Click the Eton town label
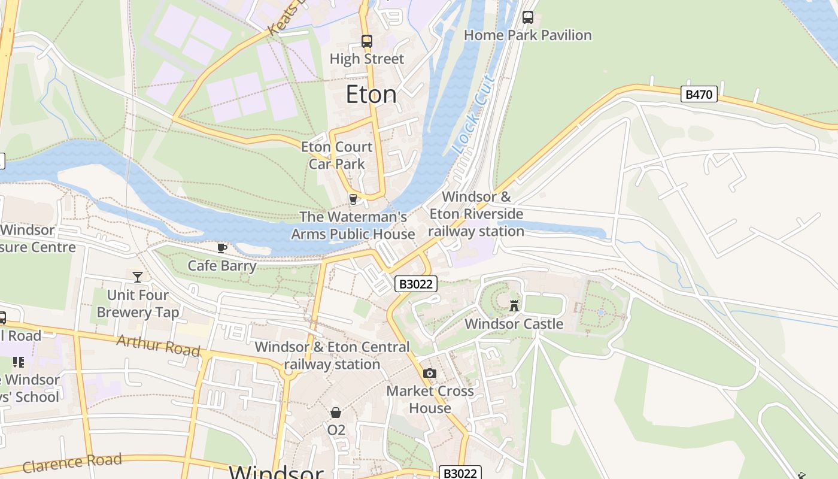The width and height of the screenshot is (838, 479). click(371, 95)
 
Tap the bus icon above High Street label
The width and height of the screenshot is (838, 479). click(367, 41)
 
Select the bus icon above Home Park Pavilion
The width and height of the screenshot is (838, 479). click(527, 17)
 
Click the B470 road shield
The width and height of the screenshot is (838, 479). click(699, 94)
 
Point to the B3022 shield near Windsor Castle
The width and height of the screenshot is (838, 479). click(415, 284)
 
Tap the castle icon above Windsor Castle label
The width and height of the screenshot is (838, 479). click(514, 305)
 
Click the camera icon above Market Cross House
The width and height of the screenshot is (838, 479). click(429, 374)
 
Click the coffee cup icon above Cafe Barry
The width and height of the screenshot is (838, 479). click(222, 248)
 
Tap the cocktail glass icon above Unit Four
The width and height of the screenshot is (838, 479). click(138, 277)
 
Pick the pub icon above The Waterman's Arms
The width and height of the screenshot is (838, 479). click(353, 199)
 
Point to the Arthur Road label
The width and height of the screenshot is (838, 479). click(158, 345)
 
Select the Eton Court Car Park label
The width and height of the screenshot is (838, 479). click(336, 155)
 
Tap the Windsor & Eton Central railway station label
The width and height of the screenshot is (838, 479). click(332, 356)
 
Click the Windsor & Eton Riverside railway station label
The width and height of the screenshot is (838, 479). click(476, 214)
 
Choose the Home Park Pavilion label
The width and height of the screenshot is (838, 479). click(527, 35)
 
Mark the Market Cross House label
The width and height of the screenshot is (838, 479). click(430, 399)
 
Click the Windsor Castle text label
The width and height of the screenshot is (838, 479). click(514, 324)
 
